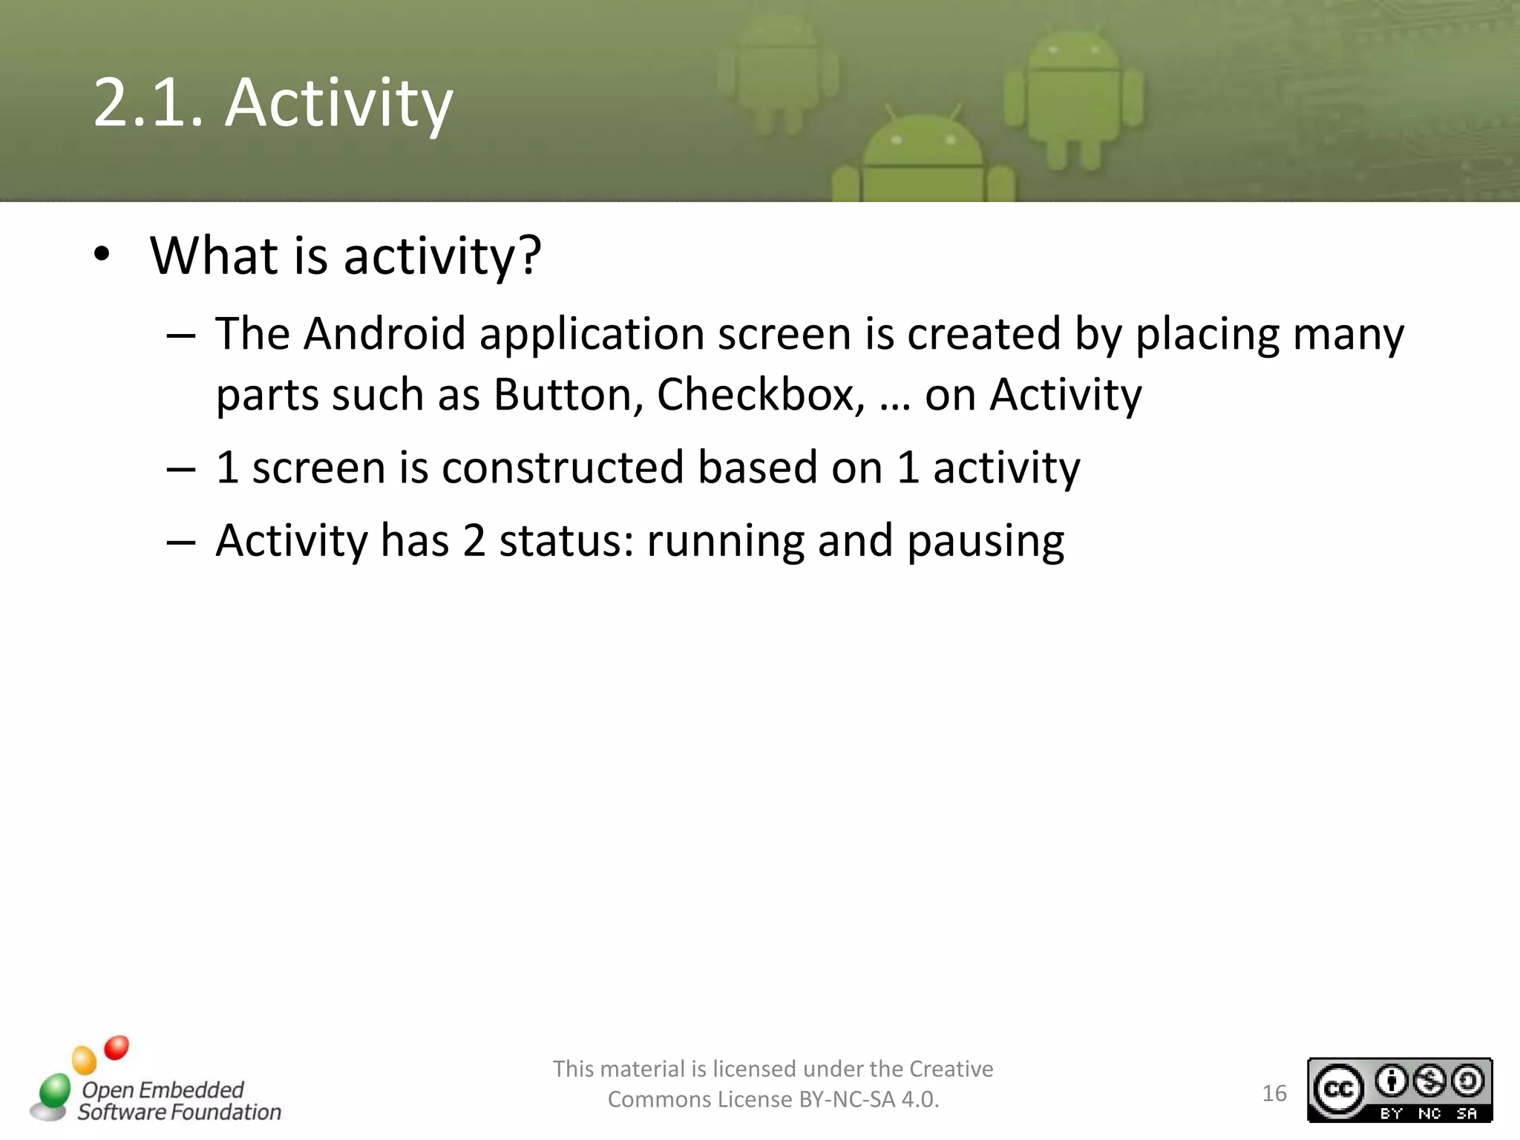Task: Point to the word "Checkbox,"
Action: point(760,395)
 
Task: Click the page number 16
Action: point(1274,1093)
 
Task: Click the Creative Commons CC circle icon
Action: point(1339,1089)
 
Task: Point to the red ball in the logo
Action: point(117,1047)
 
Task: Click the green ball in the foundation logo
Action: point(55,1090)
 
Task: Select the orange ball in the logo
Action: point(84,1060)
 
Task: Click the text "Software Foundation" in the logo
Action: point(180,1112)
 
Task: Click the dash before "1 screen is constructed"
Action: point(180,470)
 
